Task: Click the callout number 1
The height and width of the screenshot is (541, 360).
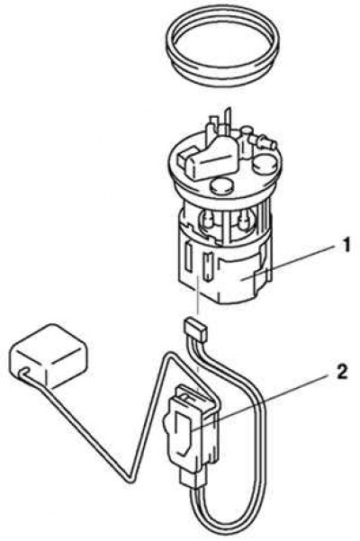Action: [x=346, y=246]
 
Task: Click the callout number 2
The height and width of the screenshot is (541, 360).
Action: [x=341, y=373]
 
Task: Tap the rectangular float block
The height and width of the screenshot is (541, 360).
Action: [x=48, y=355]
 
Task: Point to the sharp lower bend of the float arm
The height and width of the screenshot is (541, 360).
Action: [x=130, y=480]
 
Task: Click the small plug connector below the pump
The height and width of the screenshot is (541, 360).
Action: [x=195, y=329]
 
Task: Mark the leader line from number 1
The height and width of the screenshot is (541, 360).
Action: [x=289, y=264]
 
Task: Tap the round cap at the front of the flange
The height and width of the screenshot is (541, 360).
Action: [x=221, y=186]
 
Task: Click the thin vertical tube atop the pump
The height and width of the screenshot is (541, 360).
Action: [x=227, y=122]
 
